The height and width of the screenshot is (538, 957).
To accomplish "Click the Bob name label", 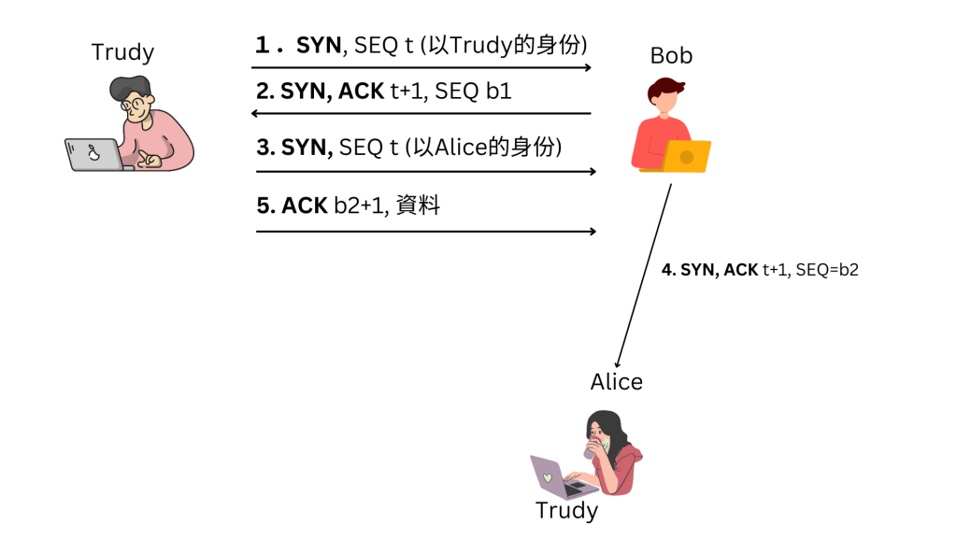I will (x=671, y=56).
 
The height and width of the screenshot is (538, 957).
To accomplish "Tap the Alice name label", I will (x=616, y=382).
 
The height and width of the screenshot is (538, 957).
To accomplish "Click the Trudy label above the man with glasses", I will (x=122, y=52).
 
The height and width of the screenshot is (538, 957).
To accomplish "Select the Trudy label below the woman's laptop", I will (x=566, y=511).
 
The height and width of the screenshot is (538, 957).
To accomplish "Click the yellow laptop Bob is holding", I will (x=687, y=156).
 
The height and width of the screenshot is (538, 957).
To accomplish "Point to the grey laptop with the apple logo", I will (x=94, y=154).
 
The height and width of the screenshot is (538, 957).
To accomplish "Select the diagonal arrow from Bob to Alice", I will (x=644, y=275).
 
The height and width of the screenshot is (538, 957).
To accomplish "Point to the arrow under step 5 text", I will (x=426, y=231).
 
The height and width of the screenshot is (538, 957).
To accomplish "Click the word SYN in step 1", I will (x=319, y=44).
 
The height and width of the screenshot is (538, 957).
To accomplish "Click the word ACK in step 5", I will (x=305, y=205).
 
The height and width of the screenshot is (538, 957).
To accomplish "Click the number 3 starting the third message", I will (x=263, y=147).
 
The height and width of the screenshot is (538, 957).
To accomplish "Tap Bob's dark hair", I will (x=664, y=92).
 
